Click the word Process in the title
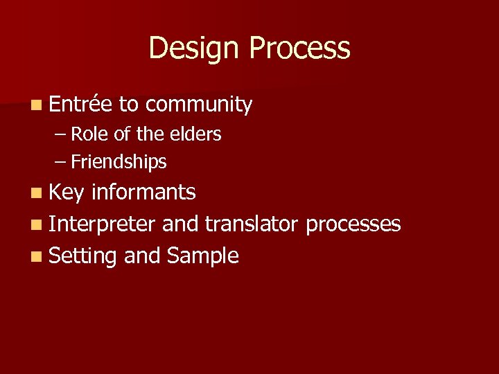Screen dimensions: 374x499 [x=299, y=48]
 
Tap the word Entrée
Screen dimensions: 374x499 [x=80, y=105]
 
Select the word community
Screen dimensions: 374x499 [x=199, y=105]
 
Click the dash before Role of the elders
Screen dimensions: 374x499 [x=60, y=135]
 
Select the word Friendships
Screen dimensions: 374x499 [x=119, y=162]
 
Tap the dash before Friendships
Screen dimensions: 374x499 [x=60, y=163]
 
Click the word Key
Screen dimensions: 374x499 [x=67, y=193]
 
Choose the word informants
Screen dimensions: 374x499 [x=143, y=192]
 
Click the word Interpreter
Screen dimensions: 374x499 [x=102, y=224]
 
